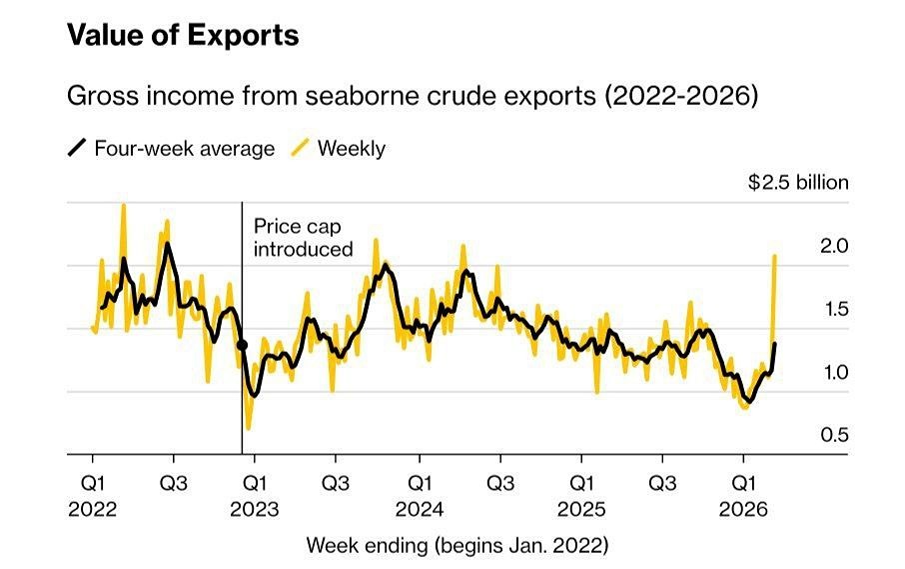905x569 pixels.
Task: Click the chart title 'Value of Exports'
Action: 183,36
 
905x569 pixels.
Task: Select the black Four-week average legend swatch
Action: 77,149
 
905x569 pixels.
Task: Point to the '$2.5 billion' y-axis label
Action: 798,183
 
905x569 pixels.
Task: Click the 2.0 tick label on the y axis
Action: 834,246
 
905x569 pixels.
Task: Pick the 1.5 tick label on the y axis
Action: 834,309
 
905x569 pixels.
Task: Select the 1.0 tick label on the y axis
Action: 834,372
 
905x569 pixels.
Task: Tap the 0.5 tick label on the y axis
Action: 834,435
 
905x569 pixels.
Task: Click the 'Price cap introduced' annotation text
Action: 303,237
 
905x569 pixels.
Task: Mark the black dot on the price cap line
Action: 242,345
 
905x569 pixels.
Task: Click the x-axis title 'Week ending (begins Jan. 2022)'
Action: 456,545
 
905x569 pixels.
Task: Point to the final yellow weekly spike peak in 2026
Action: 775,256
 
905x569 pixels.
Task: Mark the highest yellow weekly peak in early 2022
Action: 124,205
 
